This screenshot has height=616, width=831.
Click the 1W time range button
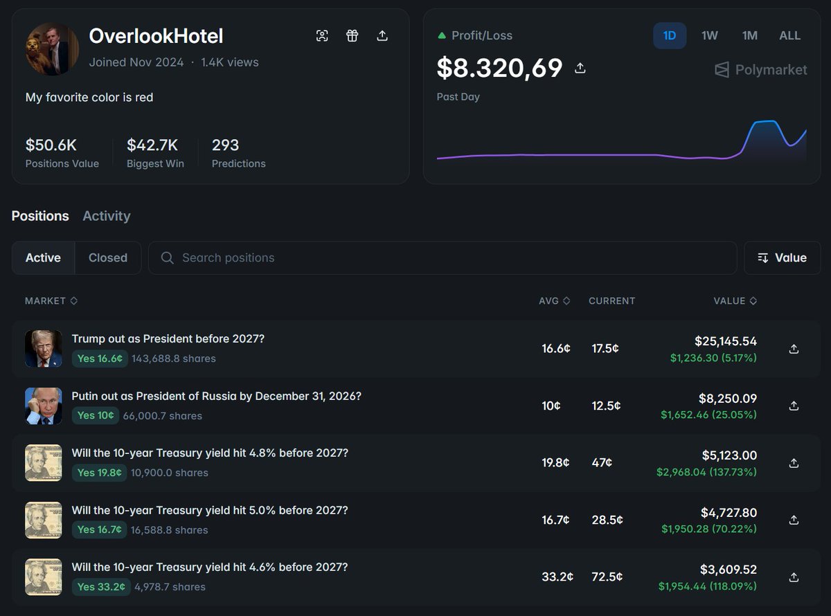(709, 35)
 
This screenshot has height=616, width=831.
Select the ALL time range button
(789, 35)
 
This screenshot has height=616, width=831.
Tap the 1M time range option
(749, 35)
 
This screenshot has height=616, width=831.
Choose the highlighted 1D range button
(669, 35)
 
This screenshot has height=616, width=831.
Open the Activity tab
(106, 216)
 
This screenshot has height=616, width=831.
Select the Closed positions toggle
(107, 257)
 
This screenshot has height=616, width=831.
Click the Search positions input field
(443, 257)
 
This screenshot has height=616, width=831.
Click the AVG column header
(554, 301)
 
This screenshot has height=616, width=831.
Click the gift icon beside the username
(352, 36)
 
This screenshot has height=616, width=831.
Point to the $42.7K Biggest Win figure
(152, 145)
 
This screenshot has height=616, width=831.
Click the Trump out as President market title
(168, 339)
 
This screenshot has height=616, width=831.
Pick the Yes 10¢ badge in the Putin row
(100, 416)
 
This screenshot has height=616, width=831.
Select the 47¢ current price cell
(602, 463)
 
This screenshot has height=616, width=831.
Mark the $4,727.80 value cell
(729, 513)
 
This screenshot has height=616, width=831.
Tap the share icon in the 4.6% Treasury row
(794, 577)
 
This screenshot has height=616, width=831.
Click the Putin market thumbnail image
(43, 406)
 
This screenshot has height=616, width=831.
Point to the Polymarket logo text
(771, 70)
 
